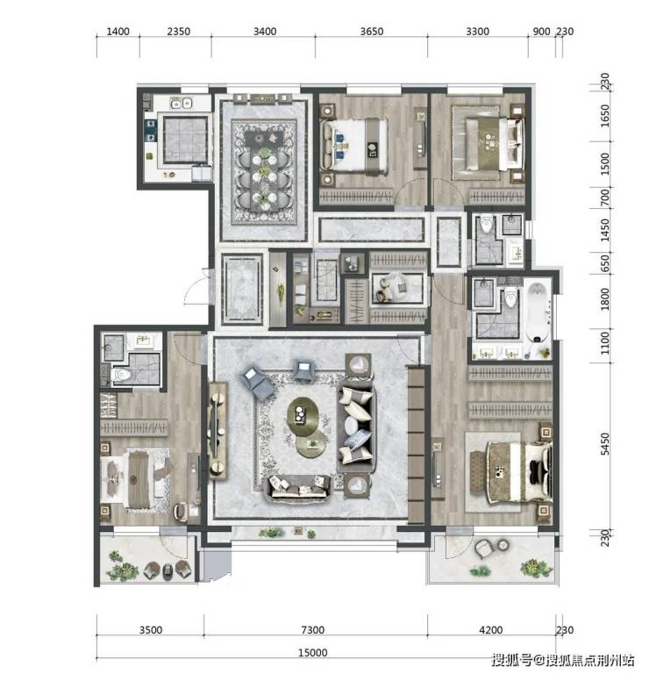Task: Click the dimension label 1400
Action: coord(118,32)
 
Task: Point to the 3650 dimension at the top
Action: coord(372,32)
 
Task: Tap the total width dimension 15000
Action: coord(313,653)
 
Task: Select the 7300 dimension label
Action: coord(313,630)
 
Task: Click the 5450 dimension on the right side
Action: coord(605,443)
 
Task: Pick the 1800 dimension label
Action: coord(605,299)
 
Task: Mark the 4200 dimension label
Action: coord(490,630)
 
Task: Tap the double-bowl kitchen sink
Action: coord(181,104)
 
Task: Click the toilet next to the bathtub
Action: coord(510,298)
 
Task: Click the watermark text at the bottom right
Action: coord(563,660)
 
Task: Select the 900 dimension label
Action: coord(541,32)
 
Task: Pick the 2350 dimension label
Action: coord(179,32)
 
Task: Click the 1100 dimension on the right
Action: coord(605,342)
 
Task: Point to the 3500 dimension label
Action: coord(150,630)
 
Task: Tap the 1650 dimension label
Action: coord(605,116)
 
